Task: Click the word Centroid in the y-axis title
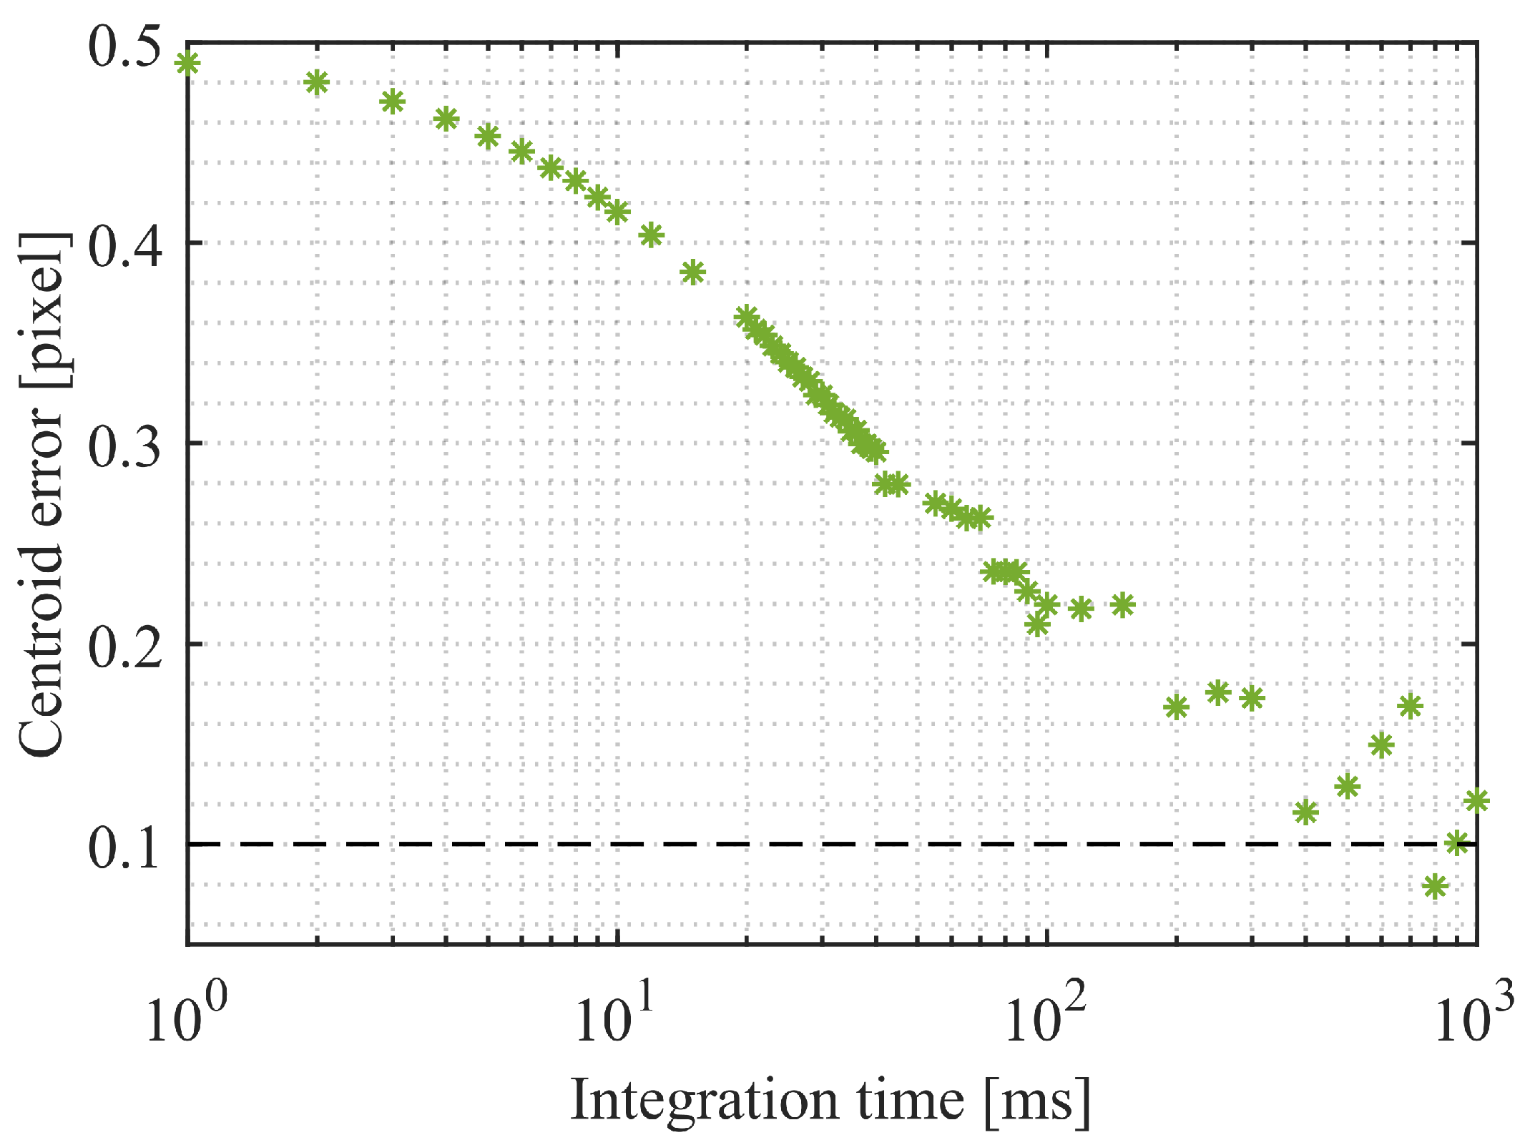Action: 41,658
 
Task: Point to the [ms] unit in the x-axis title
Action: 1037,1101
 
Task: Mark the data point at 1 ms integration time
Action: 187,64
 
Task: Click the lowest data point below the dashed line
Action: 1434,887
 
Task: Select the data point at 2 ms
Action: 316,82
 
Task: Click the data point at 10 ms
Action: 617,212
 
